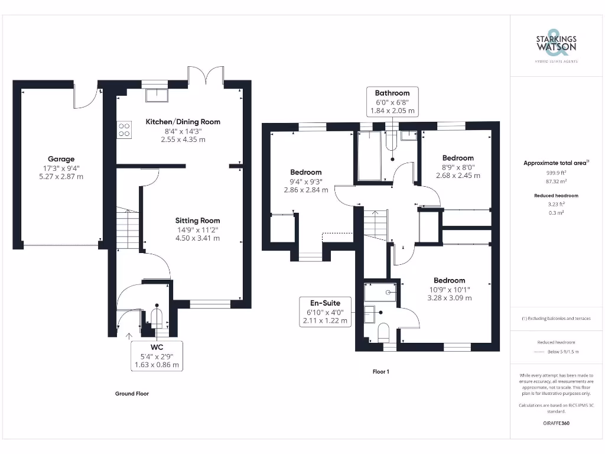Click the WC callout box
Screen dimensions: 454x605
tap(157, 356)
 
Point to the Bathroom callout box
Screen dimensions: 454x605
tap(392, 102)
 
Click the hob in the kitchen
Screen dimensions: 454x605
tap(124, 129)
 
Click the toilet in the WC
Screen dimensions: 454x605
tap(157, 317)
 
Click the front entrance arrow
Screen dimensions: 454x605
tap(130, 336)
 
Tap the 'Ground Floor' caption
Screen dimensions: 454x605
tap(132, 393)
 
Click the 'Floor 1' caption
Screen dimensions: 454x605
tap(380, 372)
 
